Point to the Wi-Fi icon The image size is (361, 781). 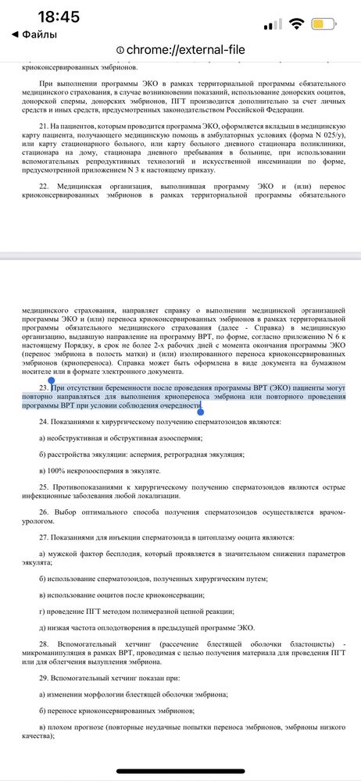(295, 24)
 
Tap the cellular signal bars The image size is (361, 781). (272, 25)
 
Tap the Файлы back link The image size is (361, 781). (32, 34)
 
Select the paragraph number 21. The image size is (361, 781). (43, 126)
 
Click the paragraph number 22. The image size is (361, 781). (44, 186)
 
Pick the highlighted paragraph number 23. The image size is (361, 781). (43, 387)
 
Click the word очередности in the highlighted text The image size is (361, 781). (176, 406)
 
